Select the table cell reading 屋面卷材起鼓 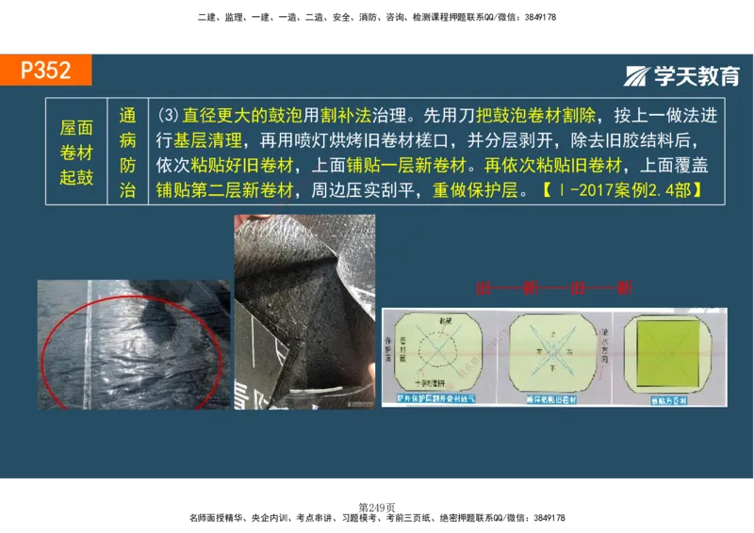pyautogui.click(x=76, y=152)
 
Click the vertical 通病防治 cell pyautogui.click(x=128, y=152)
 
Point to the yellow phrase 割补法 pyautogui.click(x=344, y=117)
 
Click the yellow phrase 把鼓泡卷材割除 pyautogui.click(x=536, y=117)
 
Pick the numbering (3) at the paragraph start pyautogui.click(x=168, y=117)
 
